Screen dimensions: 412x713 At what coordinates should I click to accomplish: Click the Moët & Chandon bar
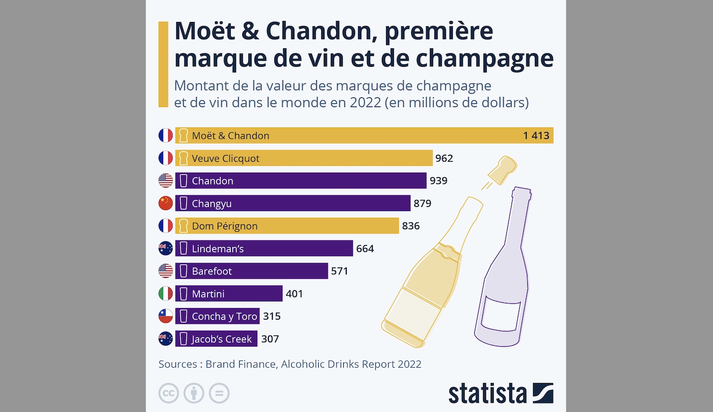364,136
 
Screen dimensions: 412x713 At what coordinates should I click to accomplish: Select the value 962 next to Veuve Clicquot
444,159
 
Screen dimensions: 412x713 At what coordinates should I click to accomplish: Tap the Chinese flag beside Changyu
166,203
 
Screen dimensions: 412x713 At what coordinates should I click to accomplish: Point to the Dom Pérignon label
224,226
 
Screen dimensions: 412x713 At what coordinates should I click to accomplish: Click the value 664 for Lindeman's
365,249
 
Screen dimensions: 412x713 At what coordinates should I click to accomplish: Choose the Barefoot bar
251,271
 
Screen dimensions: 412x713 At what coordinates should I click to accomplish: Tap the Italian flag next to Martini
166,294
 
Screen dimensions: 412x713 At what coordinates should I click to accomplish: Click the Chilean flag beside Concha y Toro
166,316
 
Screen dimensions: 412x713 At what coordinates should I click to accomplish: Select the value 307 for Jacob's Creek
270,339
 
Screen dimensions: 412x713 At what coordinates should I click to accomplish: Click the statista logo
501,394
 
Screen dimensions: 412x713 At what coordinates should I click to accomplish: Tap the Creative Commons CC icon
169,394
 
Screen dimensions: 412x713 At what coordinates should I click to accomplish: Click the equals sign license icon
219,394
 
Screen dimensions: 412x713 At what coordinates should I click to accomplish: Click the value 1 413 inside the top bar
536,136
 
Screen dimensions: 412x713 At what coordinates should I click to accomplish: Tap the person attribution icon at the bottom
194,394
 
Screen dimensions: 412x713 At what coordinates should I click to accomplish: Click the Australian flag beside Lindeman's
166,249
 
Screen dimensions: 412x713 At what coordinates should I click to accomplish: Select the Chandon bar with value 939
301,181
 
